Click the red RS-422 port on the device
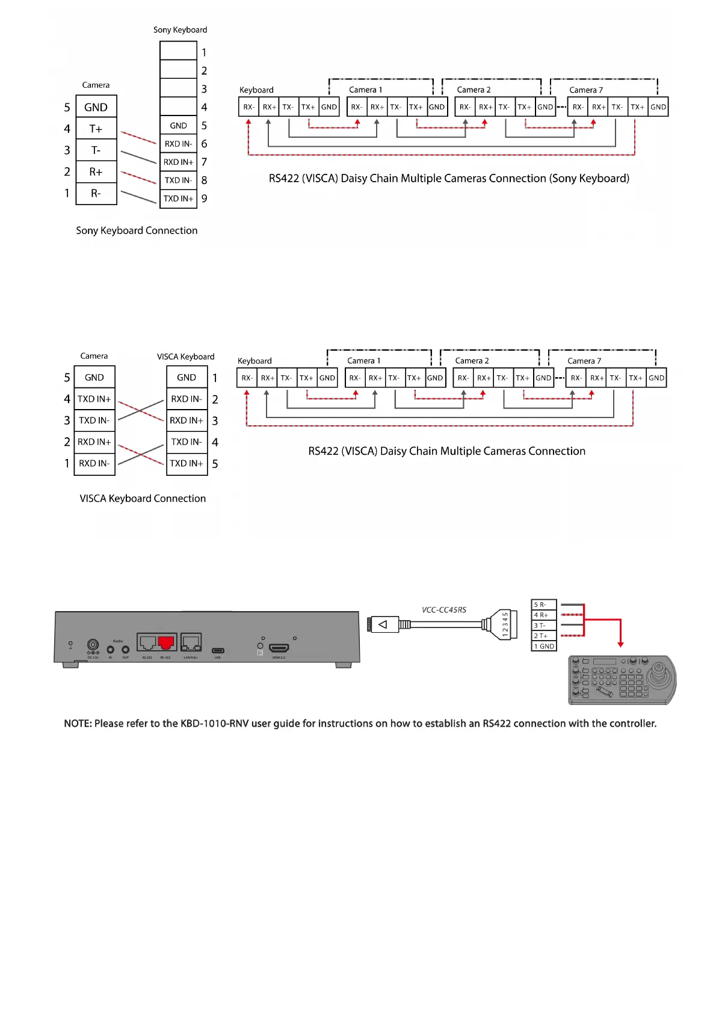166,643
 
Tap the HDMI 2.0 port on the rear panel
279,648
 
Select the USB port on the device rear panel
218,650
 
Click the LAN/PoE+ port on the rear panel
191,643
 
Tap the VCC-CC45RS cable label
444,610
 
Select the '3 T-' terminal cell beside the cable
544,626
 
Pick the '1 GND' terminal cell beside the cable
544,646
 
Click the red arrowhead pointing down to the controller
620,644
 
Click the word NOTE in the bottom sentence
77,724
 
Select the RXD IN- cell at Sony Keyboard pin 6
179,144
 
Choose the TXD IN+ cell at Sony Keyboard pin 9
179,199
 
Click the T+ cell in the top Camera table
96,129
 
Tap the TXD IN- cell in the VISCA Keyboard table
187,442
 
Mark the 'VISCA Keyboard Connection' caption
143,499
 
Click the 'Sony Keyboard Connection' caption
137,230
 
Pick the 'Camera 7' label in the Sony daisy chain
585,90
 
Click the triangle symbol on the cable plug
383,624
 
